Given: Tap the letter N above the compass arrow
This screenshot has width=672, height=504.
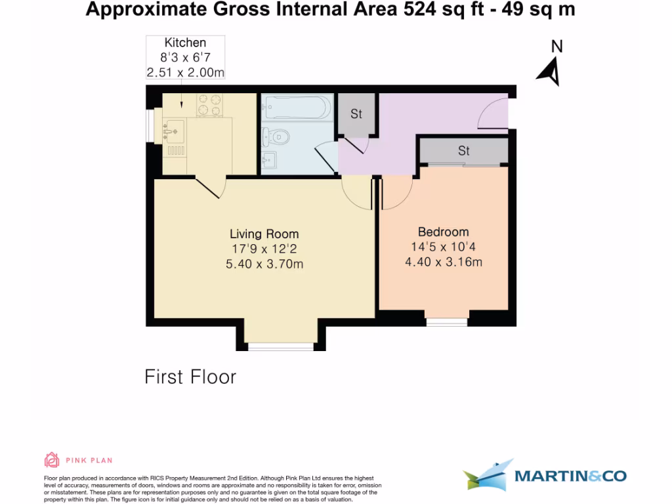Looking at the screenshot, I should tap(556, 47).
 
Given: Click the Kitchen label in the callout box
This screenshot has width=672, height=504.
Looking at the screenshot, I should tap(185, 43).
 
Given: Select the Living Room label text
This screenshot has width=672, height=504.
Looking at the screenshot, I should tap(264, 234).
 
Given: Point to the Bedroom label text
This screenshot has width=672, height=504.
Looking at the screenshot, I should tap(444, 232).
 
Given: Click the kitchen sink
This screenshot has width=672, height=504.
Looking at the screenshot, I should tap(173, 132).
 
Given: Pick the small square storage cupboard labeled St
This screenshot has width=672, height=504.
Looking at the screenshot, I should tap(356, 115).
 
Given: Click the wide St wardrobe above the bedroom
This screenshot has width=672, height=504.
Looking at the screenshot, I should tap(463, 152).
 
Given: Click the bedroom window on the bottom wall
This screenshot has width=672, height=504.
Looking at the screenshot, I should tap(446, 322).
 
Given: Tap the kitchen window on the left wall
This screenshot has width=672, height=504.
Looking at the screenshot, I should tap(150, 125).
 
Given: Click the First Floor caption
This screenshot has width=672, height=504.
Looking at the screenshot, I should tap(190, 377).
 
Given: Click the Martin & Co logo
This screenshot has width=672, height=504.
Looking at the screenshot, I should tap(544, 476).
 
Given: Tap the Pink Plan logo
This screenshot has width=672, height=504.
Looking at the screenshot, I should tap(78, 459).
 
